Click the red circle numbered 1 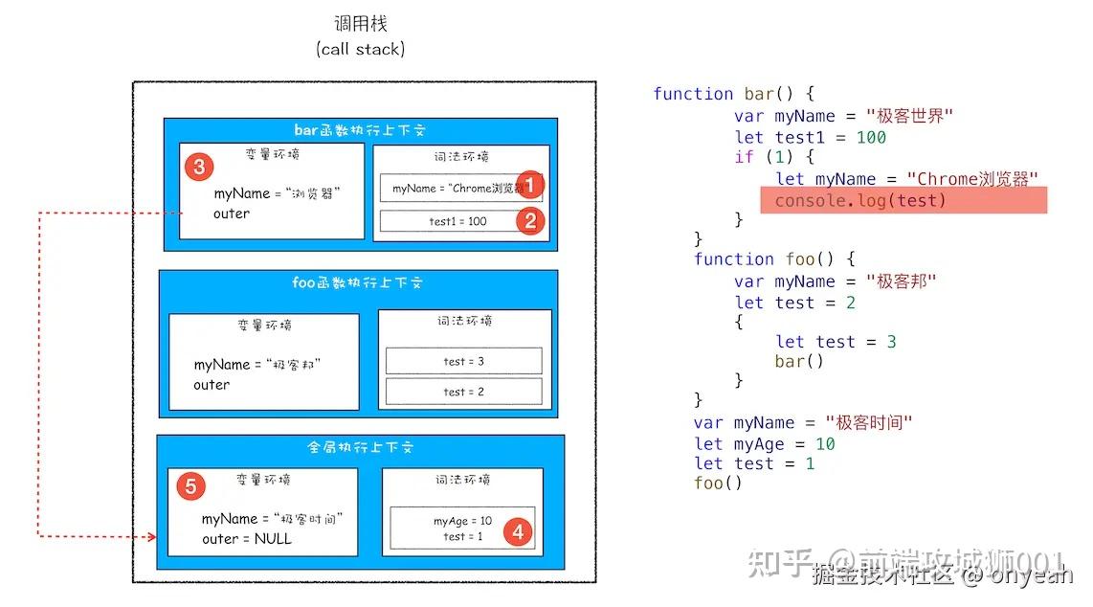tap(531, 186)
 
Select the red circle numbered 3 tap(198, 168)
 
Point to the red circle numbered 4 tap(518, 531)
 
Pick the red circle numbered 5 tap(190, 486)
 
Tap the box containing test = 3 tap(463, 361)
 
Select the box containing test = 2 tap(463, 392)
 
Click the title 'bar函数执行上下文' tap(360, 130)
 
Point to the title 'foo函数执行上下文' tap(357, 283)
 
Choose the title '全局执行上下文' tap(360, 447)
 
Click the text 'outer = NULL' tap(247, 539)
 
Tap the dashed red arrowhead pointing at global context tap(151, 537)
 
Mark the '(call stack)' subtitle tap(361, 49)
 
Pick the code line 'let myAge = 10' tap(765, 444)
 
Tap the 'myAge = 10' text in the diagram tap(462, 521)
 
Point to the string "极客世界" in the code tap(909, 116)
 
